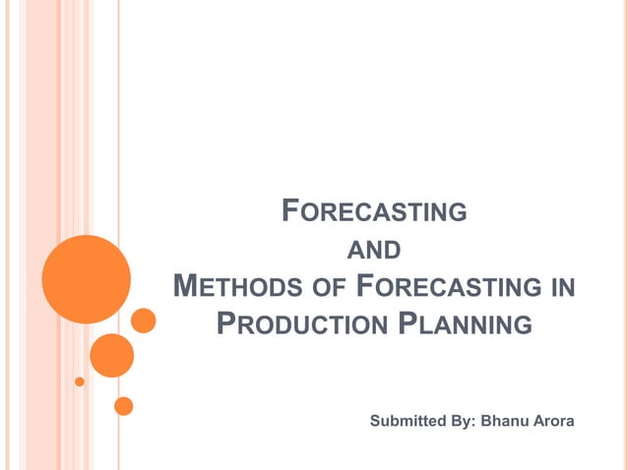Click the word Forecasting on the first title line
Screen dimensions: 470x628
tap(374, 211)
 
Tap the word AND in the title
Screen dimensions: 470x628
tap(375, 250)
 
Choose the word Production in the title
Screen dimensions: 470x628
tap(299, 323)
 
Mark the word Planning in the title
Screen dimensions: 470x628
tap(464, 323)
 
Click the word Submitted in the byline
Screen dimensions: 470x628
tap(406, 422)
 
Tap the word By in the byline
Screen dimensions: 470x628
tap(461, 422)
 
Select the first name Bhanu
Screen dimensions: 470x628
tap(503, 422)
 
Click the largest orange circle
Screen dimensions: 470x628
tap(87, 279)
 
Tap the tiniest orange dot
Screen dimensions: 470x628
tap(80, 382)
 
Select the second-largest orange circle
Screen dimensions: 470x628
tap(111, 355)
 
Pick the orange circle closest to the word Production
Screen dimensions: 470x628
tap(144, 321)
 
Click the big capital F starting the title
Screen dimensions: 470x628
tap(290, 210)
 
